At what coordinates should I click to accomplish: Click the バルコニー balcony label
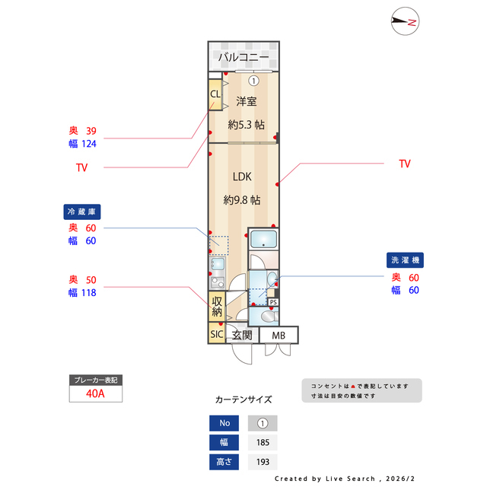243,58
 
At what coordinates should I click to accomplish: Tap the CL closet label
215,94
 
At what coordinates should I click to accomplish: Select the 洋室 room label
246,101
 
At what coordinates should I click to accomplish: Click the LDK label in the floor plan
242,177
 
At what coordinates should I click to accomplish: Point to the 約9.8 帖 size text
242,200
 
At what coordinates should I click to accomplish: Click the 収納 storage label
217,306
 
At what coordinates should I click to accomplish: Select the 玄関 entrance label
242,335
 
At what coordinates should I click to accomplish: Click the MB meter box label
279,335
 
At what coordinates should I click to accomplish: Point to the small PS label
273,302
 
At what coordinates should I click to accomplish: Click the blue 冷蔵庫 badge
82,211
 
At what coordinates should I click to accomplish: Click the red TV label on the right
405,164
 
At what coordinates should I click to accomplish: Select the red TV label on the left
81,167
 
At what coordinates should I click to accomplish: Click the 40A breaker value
95,394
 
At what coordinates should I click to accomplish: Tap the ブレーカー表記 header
95,380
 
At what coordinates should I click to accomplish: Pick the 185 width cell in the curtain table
263,442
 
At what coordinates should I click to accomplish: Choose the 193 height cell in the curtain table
263,462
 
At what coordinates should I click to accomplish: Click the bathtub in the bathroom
264,240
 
